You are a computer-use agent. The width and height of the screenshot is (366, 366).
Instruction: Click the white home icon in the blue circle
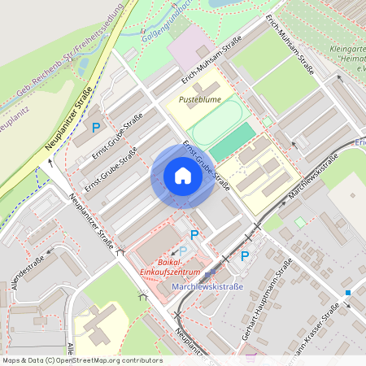182,176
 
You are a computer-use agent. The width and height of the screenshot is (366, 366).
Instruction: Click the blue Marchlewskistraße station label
208,286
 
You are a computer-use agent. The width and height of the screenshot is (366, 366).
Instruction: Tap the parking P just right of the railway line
245,256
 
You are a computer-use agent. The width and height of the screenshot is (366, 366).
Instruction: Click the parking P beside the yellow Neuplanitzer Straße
96,128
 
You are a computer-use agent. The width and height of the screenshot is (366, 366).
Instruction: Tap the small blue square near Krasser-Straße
347,292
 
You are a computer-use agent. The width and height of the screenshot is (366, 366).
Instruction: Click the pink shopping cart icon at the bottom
251,355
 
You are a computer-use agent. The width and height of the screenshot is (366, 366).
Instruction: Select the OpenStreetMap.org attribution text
106,359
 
